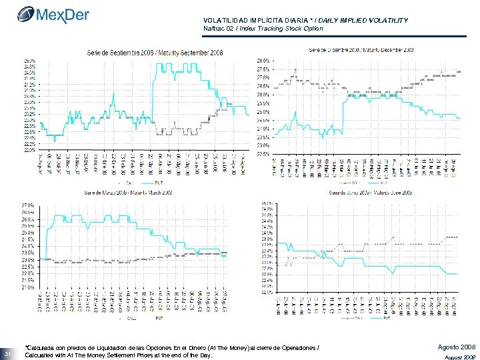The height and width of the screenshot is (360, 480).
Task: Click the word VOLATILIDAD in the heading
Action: coord(225,21)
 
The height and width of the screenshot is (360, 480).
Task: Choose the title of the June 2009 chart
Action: coord(371,192)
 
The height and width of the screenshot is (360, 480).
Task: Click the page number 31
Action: coord(7,353)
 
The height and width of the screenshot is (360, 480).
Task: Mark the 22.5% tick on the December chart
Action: coord(263,153)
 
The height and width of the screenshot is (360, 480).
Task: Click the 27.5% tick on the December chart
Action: coord(263,69)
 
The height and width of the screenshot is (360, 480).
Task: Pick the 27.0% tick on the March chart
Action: coord(29,205)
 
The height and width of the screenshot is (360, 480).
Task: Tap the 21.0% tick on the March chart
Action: coord(29,287)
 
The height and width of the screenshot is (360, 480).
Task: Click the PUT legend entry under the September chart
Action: coord(159,182)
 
